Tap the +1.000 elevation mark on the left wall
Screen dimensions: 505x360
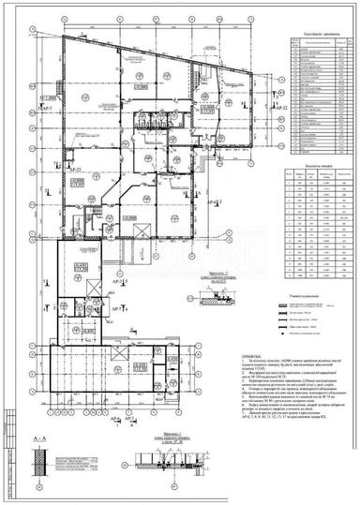coord(48,97)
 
